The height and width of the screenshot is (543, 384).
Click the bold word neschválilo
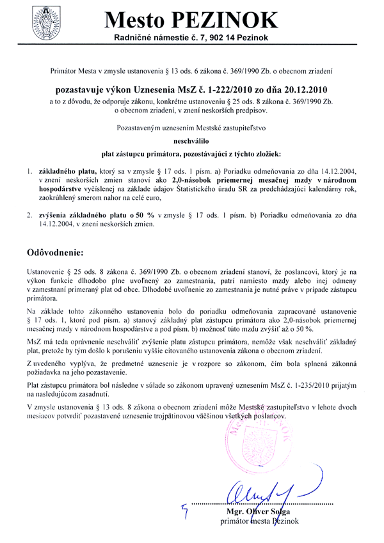point(192,138)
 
